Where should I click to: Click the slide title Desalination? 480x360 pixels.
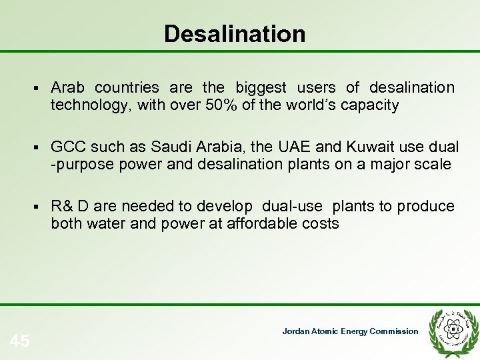[x=235, y=33]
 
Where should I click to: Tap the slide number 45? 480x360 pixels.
[x=20, y=341]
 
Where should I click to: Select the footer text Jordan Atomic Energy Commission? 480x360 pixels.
[x=350, y=331]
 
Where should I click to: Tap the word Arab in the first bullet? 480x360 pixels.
[x=69, y=88]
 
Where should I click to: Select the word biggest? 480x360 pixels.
[x=261, y=88]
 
